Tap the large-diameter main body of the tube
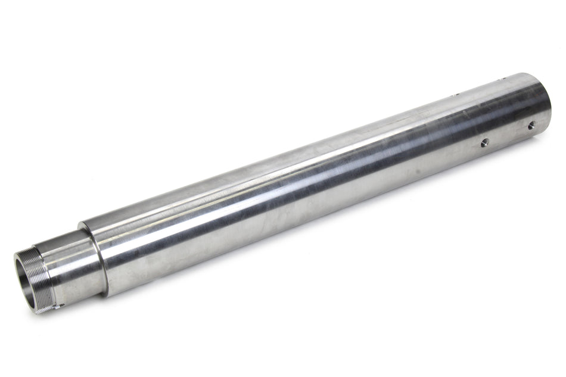click(x=298, y=191)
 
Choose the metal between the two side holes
click(x=508, y=133)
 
